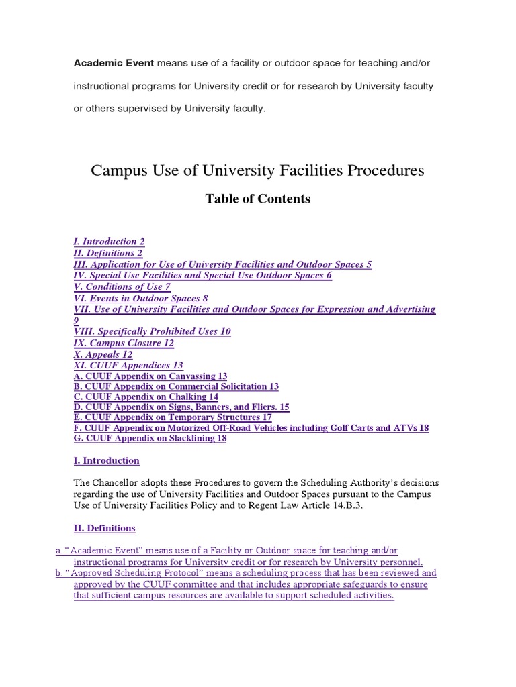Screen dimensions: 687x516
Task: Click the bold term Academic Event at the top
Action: pyautogui.click(x=114, y=63)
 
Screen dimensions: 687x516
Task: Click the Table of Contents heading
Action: pyautogui.click(x=258, y=199)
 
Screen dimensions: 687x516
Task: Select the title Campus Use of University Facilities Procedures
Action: pyautogui.click(x=257, y=170)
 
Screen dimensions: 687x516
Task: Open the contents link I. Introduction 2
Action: pyautogui.click(x=109, y=241)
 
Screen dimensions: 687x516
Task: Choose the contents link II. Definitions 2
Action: pyautogui.click(x=107, y=253)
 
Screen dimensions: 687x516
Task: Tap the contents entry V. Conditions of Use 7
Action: pyautogui.click(x=122, y=286)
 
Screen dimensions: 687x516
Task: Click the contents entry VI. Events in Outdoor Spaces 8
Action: pyautogui.click(x=140, y=298)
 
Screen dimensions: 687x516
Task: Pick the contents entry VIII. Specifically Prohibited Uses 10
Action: pyautogui.click(x=152, y=331)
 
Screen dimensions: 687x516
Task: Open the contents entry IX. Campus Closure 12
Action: pyautogui.click(x=124, y=343)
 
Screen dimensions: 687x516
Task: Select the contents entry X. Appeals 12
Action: pyautogui.click(x=103, y=354)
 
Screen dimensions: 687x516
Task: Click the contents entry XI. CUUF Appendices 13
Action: pyautogui.click(x=128, y=366)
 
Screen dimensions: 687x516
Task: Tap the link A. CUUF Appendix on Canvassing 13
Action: pyautogui.click(x=150, y=376)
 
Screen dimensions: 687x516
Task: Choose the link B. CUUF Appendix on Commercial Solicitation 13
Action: pyautogui.click(x=176, y=387)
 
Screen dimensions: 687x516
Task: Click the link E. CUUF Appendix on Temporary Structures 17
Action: pyautogui.click(x=173, y=417)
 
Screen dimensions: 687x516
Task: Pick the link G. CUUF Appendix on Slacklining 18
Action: pyautogui.click(x=150, y=438)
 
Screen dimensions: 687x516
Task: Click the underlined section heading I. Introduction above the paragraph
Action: pyautogui.click(x=106, y=461)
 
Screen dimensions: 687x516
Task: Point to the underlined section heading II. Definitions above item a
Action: pyautogui.click(x=104, y=528)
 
